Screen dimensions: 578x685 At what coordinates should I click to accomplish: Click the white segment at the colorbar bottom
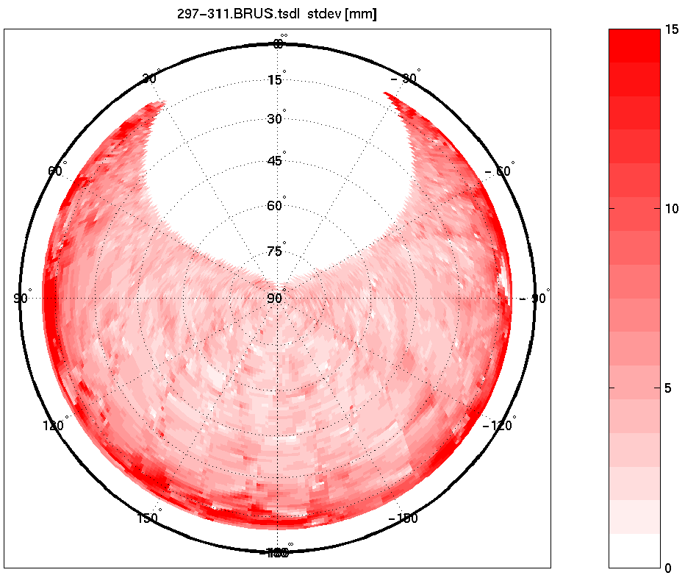[x=634, y=551]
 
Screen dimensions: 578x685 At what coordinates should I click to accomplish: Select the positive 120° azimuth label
[x=56, y=426]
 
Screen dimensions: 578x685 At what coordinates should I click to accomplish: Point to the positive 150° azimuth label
[x=148, y=518]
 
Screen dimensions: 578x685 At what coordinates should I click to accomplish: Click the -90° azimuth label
[x=534, y=299]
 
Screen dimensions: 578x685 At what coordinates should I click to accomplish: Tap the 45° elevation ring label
[x=276, y=161]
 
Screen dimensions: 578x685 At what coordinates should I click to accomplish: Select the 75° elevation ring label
[x=276, y=251]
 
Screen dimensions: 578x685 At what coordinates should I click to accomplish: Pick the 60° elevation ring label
[x=276, y=206]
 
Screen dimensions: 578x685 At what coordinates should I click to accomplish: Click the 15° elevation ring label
[x=276, y=79]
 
